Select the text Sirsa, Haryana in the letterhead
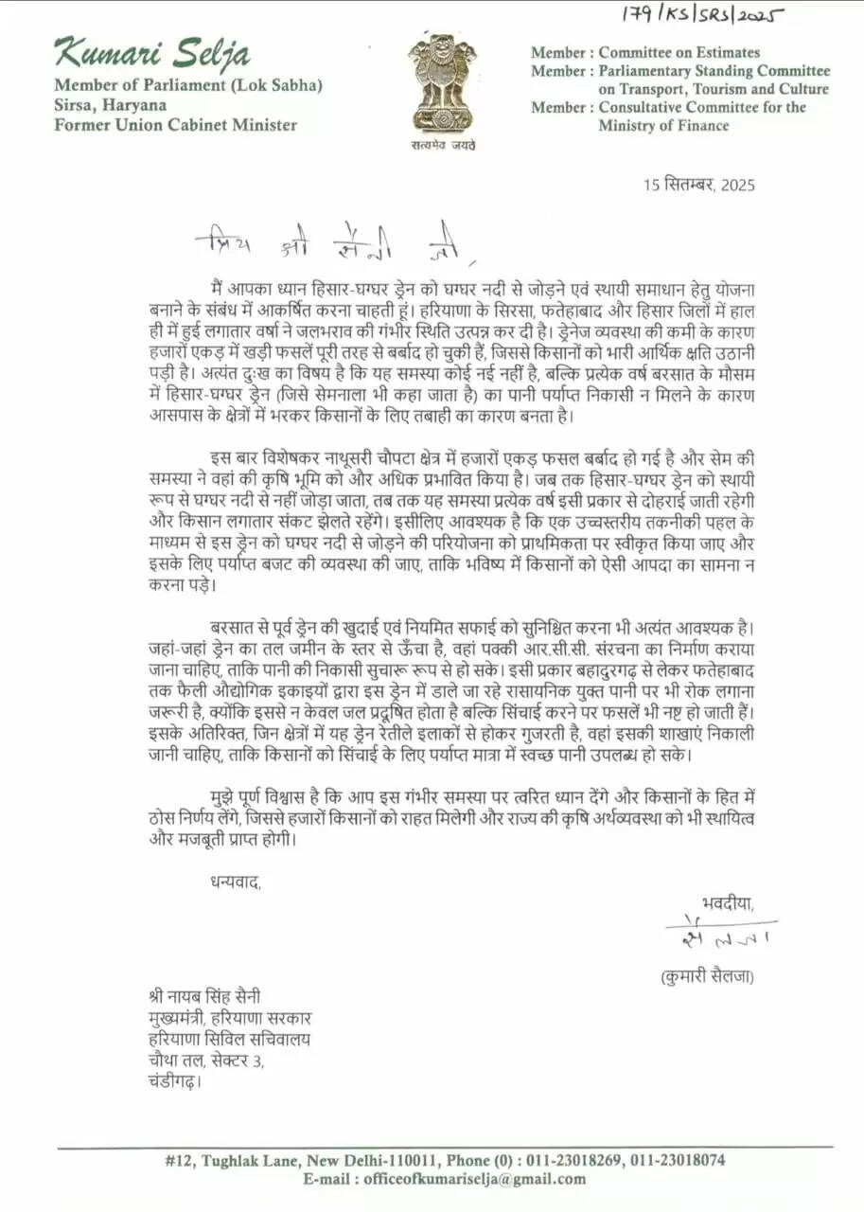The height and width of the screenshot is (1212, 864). [x=110, y=105]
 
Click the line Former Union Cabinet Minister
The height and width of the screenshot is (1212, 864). [x=175, y=125]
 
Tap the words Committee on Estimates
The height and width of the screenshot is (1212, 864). [x=679, y=53]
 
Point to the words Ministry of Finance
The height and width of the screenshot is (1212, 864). [x=663, y=125]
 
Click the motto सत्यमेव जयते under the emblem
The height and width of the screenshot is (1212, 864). [x=443, y=145]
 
